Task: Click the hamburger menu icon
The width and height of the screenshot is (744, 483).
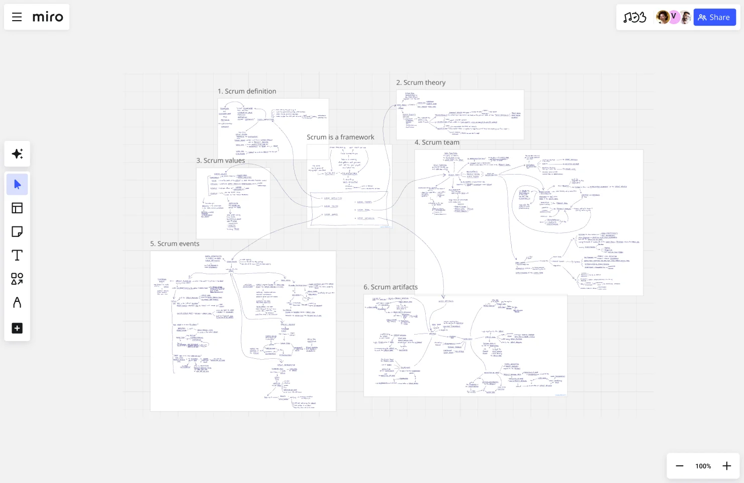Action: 17,17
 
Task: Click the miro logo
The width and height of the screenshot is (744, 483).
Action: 48,17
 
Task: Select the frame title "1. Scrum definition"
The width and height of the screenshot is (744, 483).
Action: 247,91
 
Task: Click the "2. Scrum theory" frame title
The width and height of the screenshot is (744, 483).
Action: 421,83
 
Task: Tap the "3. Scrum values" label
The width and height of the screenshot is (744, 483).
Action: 221,160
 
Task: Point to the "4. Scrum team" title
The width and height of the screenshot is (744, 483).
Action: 437,142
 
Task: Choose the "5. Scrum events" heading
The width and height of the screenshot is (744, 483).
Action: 174,244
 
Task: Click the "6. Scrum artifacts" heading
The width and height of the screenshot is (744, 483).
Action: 391,287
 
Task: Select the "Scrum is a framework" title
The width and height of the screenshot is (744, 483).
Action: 340,137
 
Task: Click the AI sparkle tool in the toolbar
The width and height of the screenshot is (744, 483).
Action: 17,154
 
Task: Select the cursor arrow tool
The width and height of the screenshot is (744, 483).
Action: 17,184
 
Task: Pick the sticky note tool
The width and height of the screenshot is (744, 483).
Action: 17,231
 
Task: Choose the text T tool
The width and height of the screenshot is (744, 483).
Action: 17,255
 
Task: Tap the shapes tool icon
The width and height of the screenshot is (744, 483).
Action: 17,279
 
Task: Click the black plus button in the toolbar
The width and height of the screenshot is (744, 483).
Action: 17,328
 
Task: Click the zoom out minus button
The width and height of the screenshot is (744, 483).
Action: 680,466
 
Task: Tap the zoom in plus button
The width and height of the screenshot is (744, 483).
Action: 727,466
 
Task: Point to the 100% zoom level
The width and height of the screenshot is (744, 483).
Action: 703,466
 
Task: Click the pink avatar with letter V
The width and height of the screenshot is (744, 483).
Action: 674,17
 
